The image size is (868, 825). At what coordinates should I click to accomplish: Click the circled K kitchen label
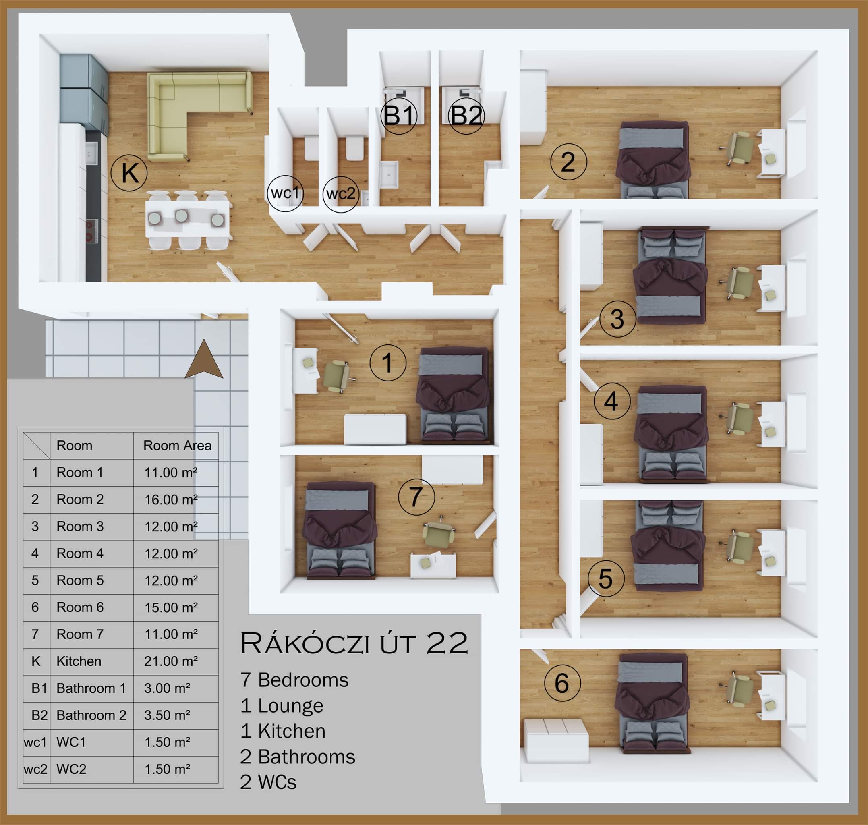(x=129, y=172)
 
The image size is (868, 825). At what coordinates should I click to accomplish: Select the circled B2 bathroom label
(x=466, y=116)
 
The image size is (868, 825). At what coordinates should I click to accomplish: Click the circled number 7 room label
(x=416, y=497)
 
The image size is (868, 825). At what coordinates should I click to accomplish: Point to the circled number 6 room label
(x=562, y=682)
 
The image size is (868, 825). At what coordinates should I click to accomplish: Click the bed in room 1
(x=453, y=394)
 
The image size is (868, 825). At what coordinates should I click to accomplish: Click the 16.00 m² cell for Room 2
(x=171, y=500)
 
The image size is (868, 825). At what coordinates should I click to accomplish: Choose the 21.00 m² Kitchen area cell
(x=171, y=661)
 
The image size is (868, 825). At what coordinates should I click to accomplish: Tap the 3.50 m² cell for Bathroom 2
(x=167, y=715)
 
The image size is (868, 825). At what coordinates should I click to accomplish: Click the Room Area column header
(x=177, y=446)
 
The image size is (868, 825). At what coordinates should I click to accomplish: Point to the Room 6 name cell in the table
(x=80, y=607)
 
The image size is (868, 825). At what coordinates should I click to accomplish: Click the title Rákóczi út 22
(x=354, y=643)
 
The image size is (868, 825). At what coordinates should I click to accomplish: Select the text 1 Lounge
(x=282, y=706)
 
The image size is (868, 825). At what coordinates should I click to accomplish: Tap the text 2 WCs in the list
(x=268, y=782)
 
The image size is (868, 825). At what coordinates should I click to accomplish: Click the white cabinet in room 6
(x=556, y=740)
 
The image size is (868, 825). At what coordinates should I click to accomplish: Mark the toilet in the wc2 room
(x=354, y=147)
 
